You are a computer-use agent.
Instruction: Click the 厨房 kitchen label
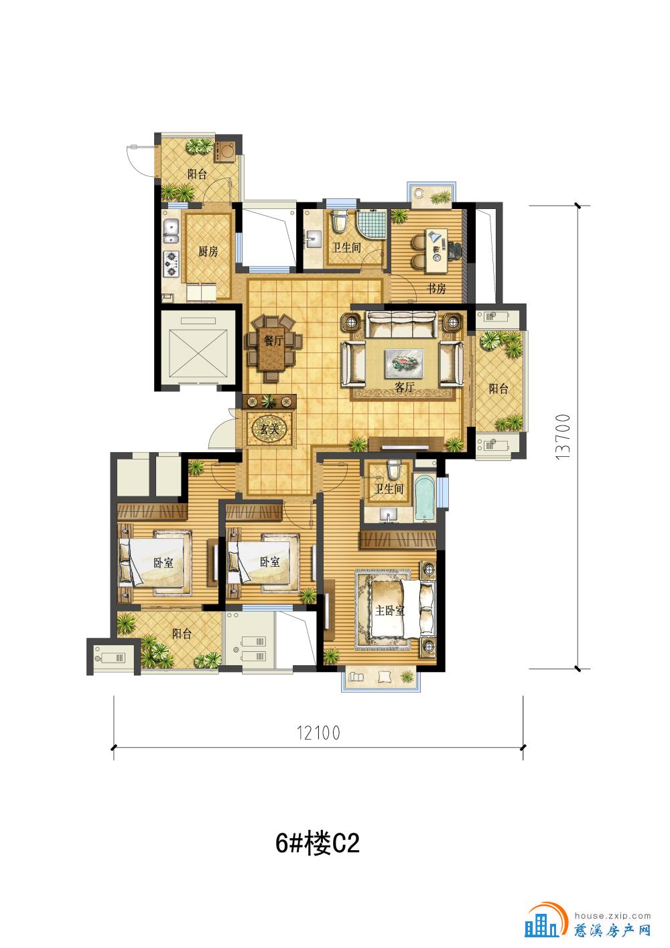point(208,251)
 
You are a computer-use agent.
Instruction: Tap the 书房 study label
point(436,289)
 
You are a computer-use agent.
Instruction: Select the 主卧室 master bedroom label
point(390,610)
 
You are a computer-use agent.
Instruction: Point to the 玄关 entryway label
point(269,429)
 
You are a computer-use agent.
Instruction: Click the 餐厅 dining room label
point(273,341)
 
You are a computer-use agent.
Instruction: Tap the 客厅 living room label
point(404,387)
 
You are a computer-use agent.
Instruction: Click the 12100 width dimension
point(318,732)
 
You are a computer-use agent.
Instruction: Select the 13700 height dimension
point(563,437)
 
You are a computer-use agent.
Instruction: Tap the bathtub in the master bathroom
point(424,498)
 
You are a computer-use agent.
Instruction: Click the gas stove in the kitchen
point(172,264)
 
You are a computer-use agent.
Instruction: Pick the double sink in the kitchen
point(172,232)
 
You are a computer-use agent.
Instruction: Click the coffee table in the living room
point(404,363)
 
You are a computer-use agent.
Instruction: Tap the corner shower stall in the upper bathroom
point(372,224)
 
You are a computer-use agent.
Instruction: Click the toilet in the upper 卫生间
point(340,221)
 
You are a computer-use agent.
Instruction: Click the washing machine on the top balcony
point(227,150)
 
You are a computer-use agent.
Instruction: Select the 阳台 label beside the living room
point(498,388)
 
